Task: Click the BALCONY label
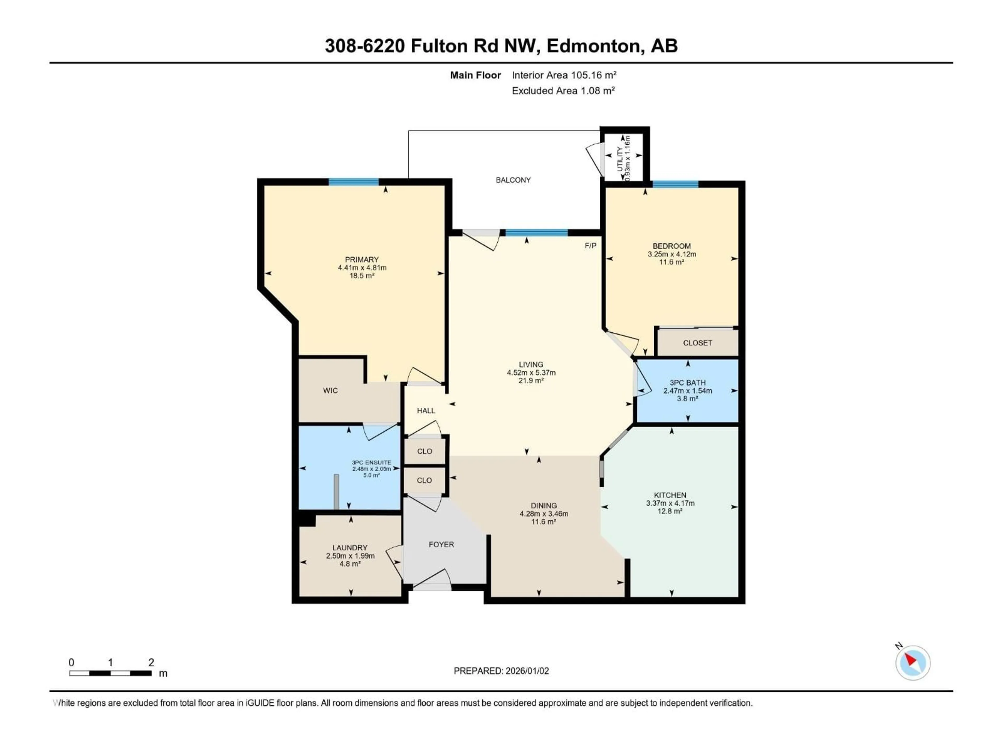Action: [x=513, y=180]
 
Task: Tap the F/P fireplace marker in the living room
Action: [x=590, y=246]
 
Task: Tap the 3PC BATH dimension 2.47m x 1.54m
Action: [x=687, y=391]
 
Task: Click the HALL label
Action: [x=426, y=411]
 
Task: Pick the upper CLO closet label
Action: [x=424, y=451]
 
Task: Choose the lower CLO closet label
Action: [x=424, y=480]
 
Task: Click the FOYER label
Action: [x=441, y=544]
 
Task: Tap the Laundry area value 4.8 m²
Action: [x=350, y=564]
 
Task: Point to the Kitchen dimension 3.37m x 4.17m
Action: [x=670, y=503]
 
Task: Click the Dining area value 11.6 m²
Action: [x=544, y=522]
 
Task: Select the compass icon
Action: [x=913, y=663]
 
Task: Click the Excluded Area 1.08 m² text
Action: [x=563, y=91]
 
